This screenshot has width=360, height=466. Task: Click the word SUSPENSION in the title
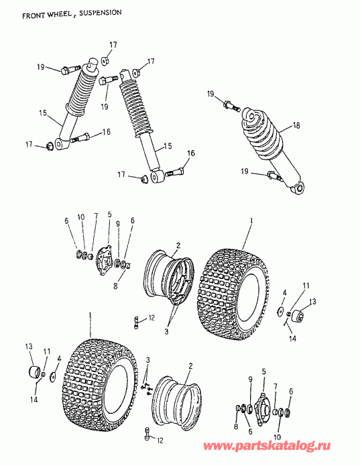pyautogui.click(x=101, y=13)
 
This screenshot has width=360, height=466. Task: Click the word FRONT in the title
pyautogui.click(x=32, y=15)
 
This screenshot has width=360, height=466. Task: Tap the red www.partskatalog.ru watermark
pyautogui.click(x=267, y=446)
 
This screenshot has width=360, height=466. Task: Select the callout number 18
pyautogui.click(x=296, y=125)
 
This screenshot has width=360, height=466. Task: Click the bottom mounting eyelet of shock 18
pyautogui.click(x=299, y=188)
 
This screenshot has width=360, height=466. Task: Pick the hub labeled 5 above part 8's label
pyautogui.click(x=104, y=257)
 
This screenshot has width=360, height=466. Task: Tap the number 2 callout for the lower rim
pyautogui.click(x=190, y=365)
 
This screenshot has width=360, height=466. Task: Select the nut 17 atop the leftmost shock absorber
pyautogui.click(x=105, y=60)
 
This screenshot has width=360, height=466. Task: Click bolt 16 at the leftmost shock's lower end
pyautogui.click(x=80, y=137)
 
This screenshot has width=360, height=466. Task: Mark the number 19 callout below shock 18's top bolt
pyautogui.click(x=245, y=172)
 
